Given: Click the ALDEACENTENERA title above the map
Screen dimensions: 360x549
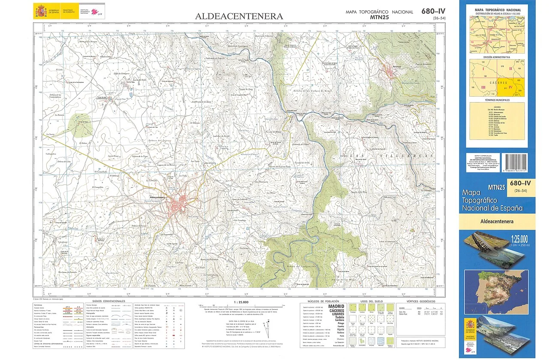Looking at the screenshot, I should click(x=239, y=16).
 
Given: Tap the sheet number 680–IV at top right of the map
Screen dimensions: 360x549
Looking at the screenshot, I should click(x=433, y=11).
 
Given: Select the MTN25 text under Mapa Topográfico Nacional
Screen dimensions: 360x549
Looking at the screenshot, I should click(x=380, y=18).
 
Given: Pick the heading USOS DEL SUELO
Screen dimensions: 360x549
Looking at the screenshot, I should click(x=369, y=301).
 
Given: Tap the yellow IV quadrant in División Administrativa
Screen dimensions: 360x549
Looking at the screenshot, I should click(x=511, y=87).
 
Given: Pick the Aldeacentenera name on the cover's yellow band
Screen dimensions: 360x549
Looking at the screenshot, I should click(x=497, y=222).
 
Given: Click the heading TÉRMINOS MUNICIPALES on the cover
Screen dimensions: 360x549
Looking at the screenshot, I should click(x=498, y=100).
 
